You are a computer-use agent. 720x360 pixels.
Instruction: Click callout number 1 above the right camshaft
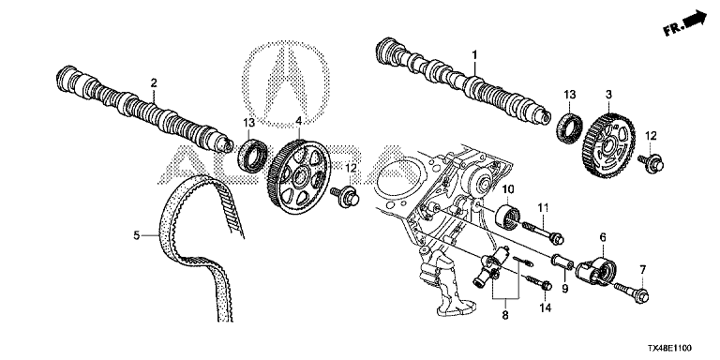tap(474, 55)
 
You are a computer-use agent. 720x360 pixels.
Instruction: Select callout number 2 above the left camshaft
tap(154, 82)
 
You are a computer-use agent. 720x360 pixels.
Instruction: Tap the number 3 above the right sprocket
tap(608, 95)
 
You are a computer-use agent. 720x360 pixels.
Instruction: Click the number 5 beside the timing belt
tap(136, 235)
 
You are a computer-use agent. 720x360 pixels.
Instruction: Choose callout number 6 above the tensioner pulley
tap(603, 237)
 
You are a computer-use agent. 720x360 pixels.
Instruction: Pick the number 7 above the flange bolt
tap(642, 270)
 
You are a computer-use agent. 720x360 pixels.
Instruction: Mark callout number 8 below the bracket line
tap(505, 315)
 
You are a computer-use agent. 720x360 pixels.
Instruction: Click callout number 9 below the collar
tap(564, 289)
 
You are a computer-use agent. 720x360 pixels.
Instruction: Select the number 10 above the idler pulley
tap(508, 188)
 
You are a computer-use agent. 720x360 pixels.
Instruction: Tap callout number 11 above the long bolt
tap(543, 208)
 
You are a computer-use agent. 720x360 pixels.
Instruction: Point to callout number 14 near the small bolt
tap(546, 307)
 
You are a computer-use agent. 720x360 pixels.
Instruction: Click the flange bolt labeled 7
tap(631, 292)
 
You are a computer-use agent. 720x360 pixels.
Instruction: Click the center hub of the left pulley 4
tap(301, 176)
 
